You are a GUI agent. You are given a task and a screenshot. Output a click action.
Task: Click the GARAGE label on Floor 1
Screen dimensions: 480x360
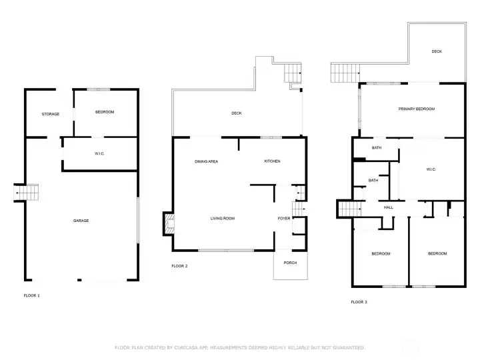[81, 221]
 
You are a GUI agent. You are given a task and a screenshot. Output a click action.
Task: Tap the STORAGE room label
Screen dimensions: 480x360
[51, 114]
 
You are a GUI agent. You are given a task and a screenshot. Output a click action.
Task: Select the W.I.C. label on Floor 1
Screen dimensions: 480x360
[99, 153]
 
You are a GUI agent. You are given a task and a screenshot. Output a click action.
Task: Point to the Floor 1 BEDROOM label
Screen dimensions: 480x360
[105, 112]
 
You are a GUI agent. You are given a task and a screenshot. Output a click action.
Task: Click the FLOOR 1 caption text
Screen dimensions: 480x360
[32, 295]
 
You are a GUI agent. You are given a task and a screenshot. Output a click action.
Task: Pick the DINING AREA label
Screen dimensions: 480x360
[206, 161]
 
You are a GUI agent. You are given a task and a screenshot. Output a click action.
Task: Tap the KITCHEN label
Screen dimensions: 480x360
[272, 161]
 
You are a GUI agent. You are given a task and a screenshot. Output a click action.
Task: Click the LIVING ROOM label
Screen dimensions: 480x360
[223, 218]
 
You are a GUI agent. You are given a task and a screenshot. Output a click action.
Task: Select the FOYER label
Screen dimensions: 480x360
[284, 218]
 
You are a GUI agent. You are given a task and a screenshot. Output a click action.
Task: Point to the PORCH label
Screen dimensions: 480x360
[290, 263]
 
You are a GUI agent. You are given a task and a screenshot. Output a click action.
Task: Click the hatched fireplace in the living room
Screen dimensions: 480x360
[169, 223]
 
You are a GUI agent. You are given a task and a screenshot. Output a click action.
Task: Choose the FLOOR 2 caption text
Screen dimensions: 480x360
[179, 266]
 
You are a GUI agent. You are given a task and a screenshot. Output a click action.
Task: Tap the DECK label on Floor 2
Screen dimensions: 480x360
[236, 113]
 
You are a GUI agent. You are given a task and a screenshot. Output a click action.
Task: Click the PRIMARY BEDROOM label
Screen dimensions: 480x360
[416, 109]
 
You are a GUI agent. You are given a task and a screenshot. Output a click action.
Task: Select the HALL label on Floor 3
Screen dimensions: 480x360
[389, 207]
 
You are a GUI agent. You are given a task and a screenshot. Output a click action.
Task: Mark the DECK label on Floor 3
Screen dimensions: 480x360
[437, 51]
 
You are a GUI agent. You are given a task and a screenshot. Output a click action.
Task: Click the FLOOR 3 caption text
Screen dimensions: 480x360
[359, 302]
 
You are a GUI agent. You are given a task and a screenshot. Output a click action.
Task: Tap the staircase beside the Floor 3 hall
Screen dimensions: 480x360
[349, 209]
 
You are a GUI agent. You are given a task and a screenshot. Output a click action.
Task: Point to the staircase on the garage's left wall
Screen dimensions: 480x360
[26, 193]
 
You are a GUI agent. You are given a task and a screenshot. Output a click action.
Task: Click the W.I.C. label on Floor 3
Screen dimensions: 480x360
[431, 169]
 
